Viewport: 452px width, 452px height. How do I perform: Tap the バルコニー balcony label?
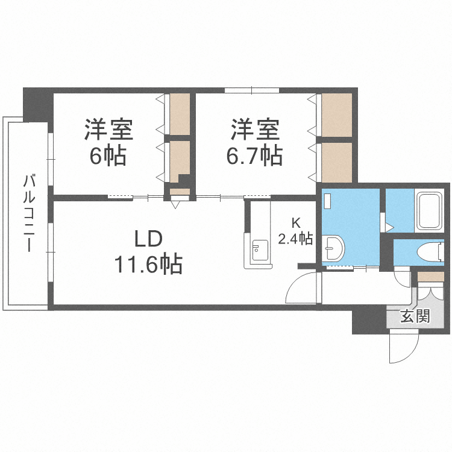tap(28, 212)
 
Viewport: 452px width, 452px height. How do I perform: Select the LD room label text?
tap(148, 239)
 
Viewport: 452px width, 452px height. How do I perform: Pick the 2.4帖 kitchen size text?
tap(295, 239)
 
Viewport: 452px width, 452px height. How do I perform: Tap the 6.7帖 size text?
tap(254, 156)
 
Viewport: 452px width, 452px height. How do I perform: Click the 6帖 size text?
tap(108, 156)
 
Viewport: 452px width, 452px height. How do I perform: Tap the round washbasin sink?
tap(332, 247)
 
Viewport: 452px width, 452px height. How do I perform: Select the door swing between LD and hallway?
tap(301, 287)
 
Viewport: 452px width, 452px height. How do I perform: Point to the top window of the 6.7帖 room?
tap(251, 90)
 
